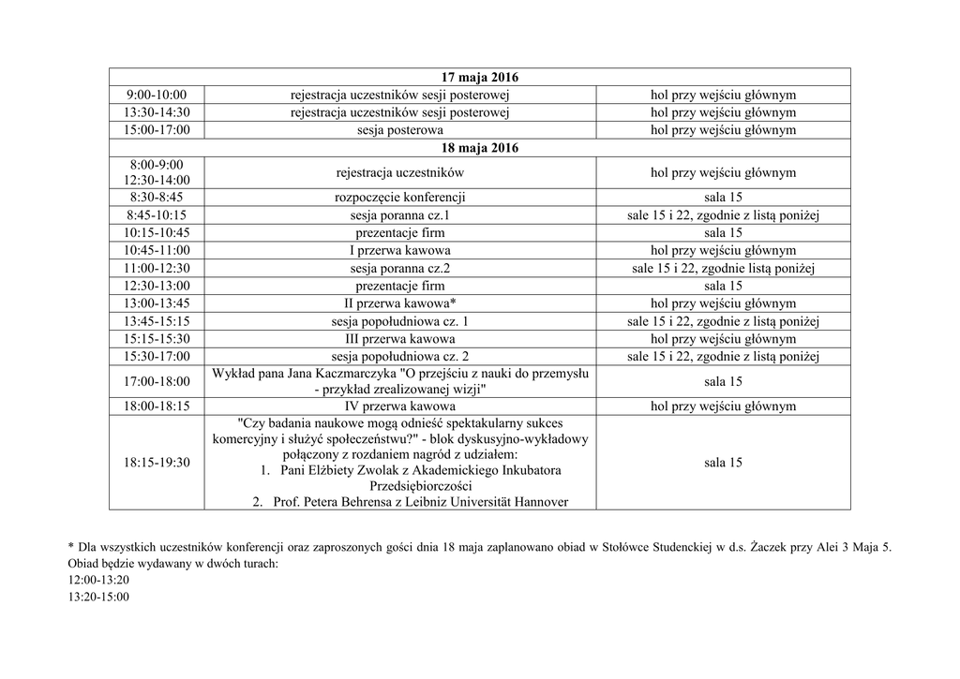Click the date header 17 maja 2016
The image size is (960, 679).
pyautogui.click(x=479, y=77)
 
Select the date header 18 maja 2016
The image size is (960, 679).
pyautogui.click(x=479, y=148)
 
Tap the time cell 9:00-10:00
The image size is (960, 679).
pyautogui.click(x=156, y=95)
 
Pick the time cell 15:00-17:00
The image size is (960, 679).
pyautogui.click(x=156, y=130)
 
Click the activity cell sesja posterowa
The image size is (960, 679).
pyautogui.click(x=399, y=130)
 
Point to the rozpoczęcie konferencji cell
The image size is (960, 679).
pyautogui.click(x=399, y=198)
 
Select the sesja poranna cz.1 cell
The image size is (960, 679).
pyautogui.click(x=399, y=215)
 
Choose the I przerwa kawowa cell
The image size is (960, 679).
pyautogui.click(x=399, y=250)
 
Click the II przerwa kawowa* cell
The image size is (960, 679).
pyautogui.click(x=399, y=303)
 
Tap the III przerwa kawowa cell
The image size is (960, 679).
pyautogui.click(x=399, y=338)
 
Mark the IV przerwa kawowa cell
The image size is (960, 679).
pyautogui.click(x=399, y=406)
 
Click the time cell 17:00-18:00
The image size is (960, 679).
pyautogui.click(x=156, y=381)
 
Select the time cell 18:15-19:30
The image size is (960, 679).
pyautogui.click(x=156, y=463)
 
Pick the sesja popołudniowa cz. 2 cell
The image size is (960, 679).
pyautogui.click(x=399, y=356)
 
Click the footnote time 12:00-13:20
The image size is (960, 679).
pyautogui.click(x=98, y=581)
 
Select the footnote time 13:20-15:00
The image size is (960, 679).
pyautogui.click(x=98, y=597)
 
